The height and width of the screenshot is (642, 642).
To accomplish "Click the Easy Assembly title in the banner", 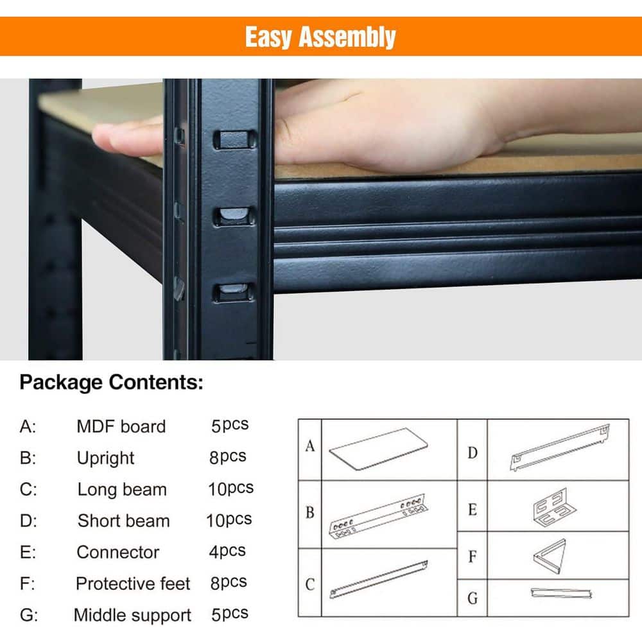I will (x=320, y=37).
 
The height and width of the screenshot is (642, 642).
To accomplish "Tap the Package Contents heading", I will (x=111, y=383).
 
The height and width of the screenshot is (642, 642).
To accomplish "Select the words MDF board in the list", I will (x=121, y=426).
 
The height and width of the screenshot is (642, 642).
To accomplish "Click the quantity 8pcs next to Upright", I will (x=228, y=456).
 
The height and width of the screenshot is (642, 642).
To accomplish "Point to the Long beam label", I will (x=122, y=489).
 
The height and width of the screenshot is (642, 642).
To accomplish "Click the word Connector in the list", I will (x=117, y=552).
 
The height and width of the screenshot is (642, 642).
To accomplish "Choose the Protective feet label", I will (x=133, y=584).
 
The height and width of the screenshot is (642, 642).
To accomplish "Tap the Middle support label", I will (x=132, y=615).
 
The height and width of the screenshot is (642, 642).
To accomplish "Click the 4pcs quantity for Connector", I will (x=228, y=551).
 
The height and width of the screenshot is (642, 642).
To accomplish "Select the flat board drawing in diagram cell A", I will (x=379, y=449).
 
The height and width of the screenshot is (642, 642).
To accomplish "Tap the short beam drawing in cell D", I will (x=559, y=446).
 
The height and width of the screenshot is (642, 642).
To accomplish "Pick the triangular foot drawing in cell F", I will (x=550, y=556).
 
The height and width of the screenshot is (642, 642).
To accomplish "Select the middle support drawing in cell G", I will (x=552, y=593).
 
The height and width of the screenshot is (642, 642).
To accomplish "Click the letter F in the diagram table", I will (x=473, y=556).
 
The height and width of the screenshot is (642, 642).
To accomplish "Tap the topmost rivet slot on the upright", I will (x=234, y=139).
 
